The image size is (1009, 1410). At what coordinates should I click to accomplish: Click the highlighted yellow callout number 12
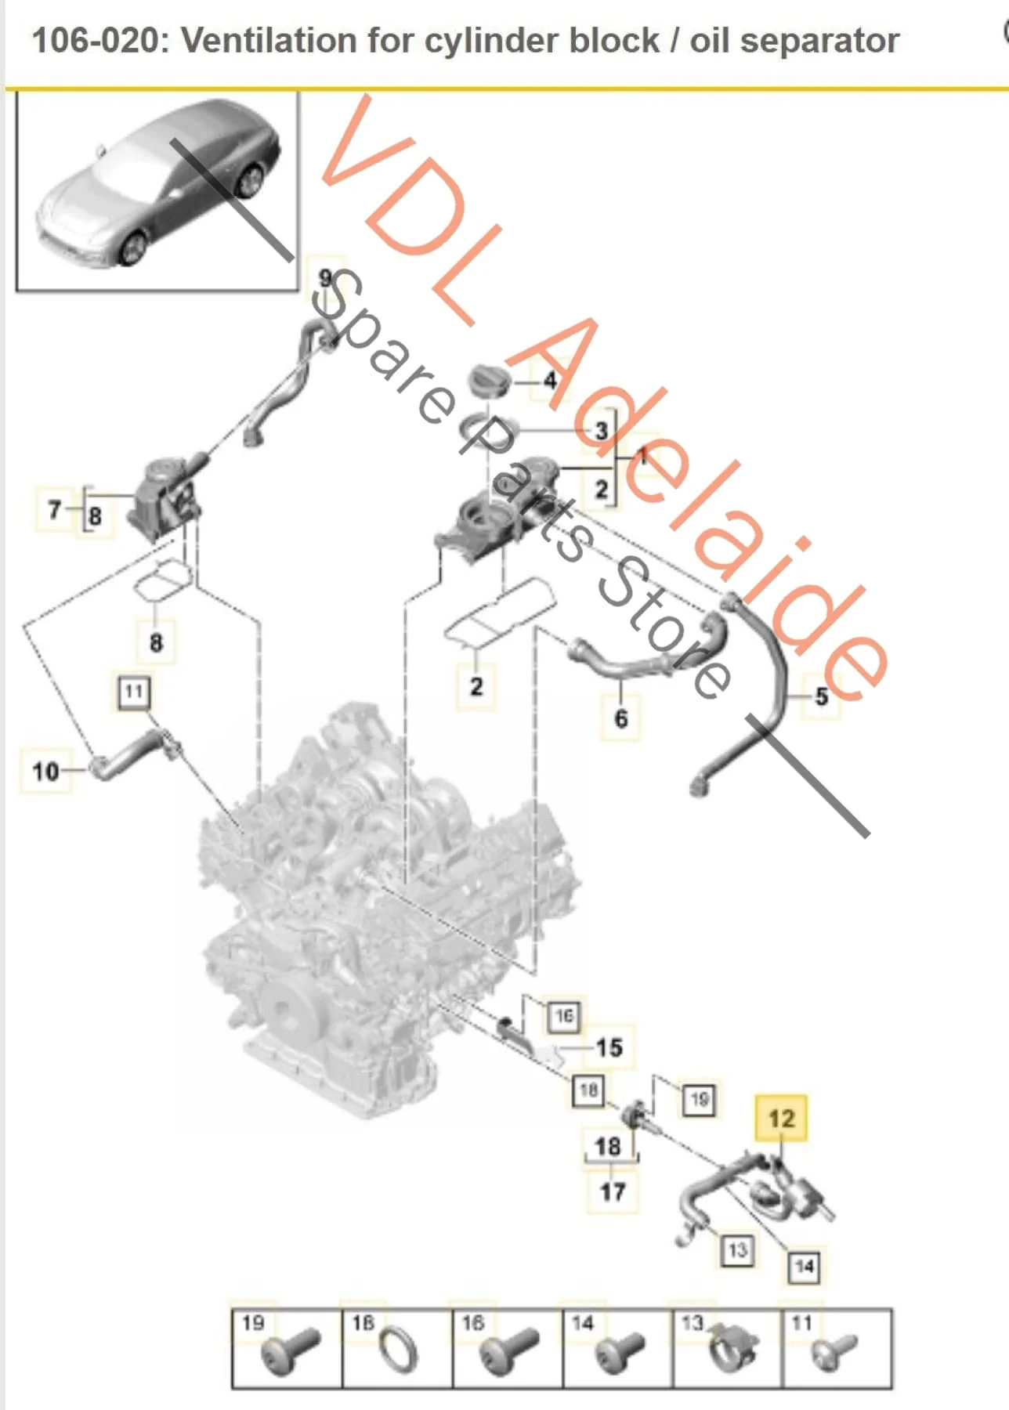[x=781, y=1118]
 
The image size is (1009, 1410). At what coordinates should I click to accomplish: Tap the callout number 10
[x=45, y=772]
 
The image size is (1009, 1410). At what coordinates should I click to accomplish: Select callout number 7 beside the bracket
[x=54, y=510]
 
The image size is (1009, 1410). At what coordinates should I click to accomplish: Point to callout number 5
[x=821, y=696]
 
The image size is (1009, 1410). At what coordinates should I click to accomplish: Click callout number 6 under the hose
[x=621, y=718]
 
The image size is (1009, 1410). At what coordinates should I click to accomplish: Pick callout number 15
[x=609, y=1047]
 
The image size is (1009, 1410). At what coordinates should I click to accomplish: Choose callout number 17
[x=612, y=1191]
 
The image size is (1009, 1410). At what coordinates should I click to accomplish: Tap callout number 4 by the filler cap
[x=551, y=381]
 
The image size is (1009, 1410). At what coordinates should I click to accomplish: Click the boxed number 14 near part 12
[x=804, y=1267]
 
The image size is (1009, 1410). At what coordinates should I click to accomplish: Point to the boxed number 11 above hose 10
[x=133, y=692]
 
